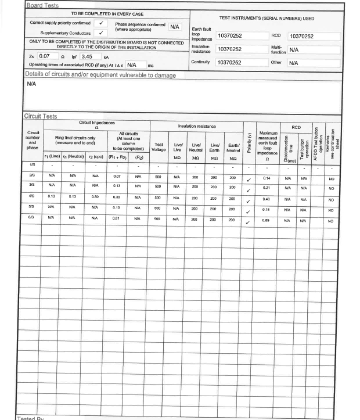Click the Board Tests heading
pos(42,6)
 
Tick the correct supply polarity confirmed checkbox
pos(100,23)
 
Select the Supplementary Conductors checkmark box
pos(100,33)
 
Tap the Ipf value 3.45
pos(89,56)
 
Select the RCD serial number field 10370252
pos(314,37)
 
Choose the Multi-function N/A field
pos(314,50)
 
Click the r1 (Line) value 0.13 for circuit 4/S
pos(52,197)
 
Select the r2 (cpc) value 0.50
pos(95,197)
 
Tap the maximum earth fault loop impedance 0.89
pos(267,221)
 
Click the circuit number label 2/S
pos(33,175)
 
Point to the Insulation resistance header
pos(196,126)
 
